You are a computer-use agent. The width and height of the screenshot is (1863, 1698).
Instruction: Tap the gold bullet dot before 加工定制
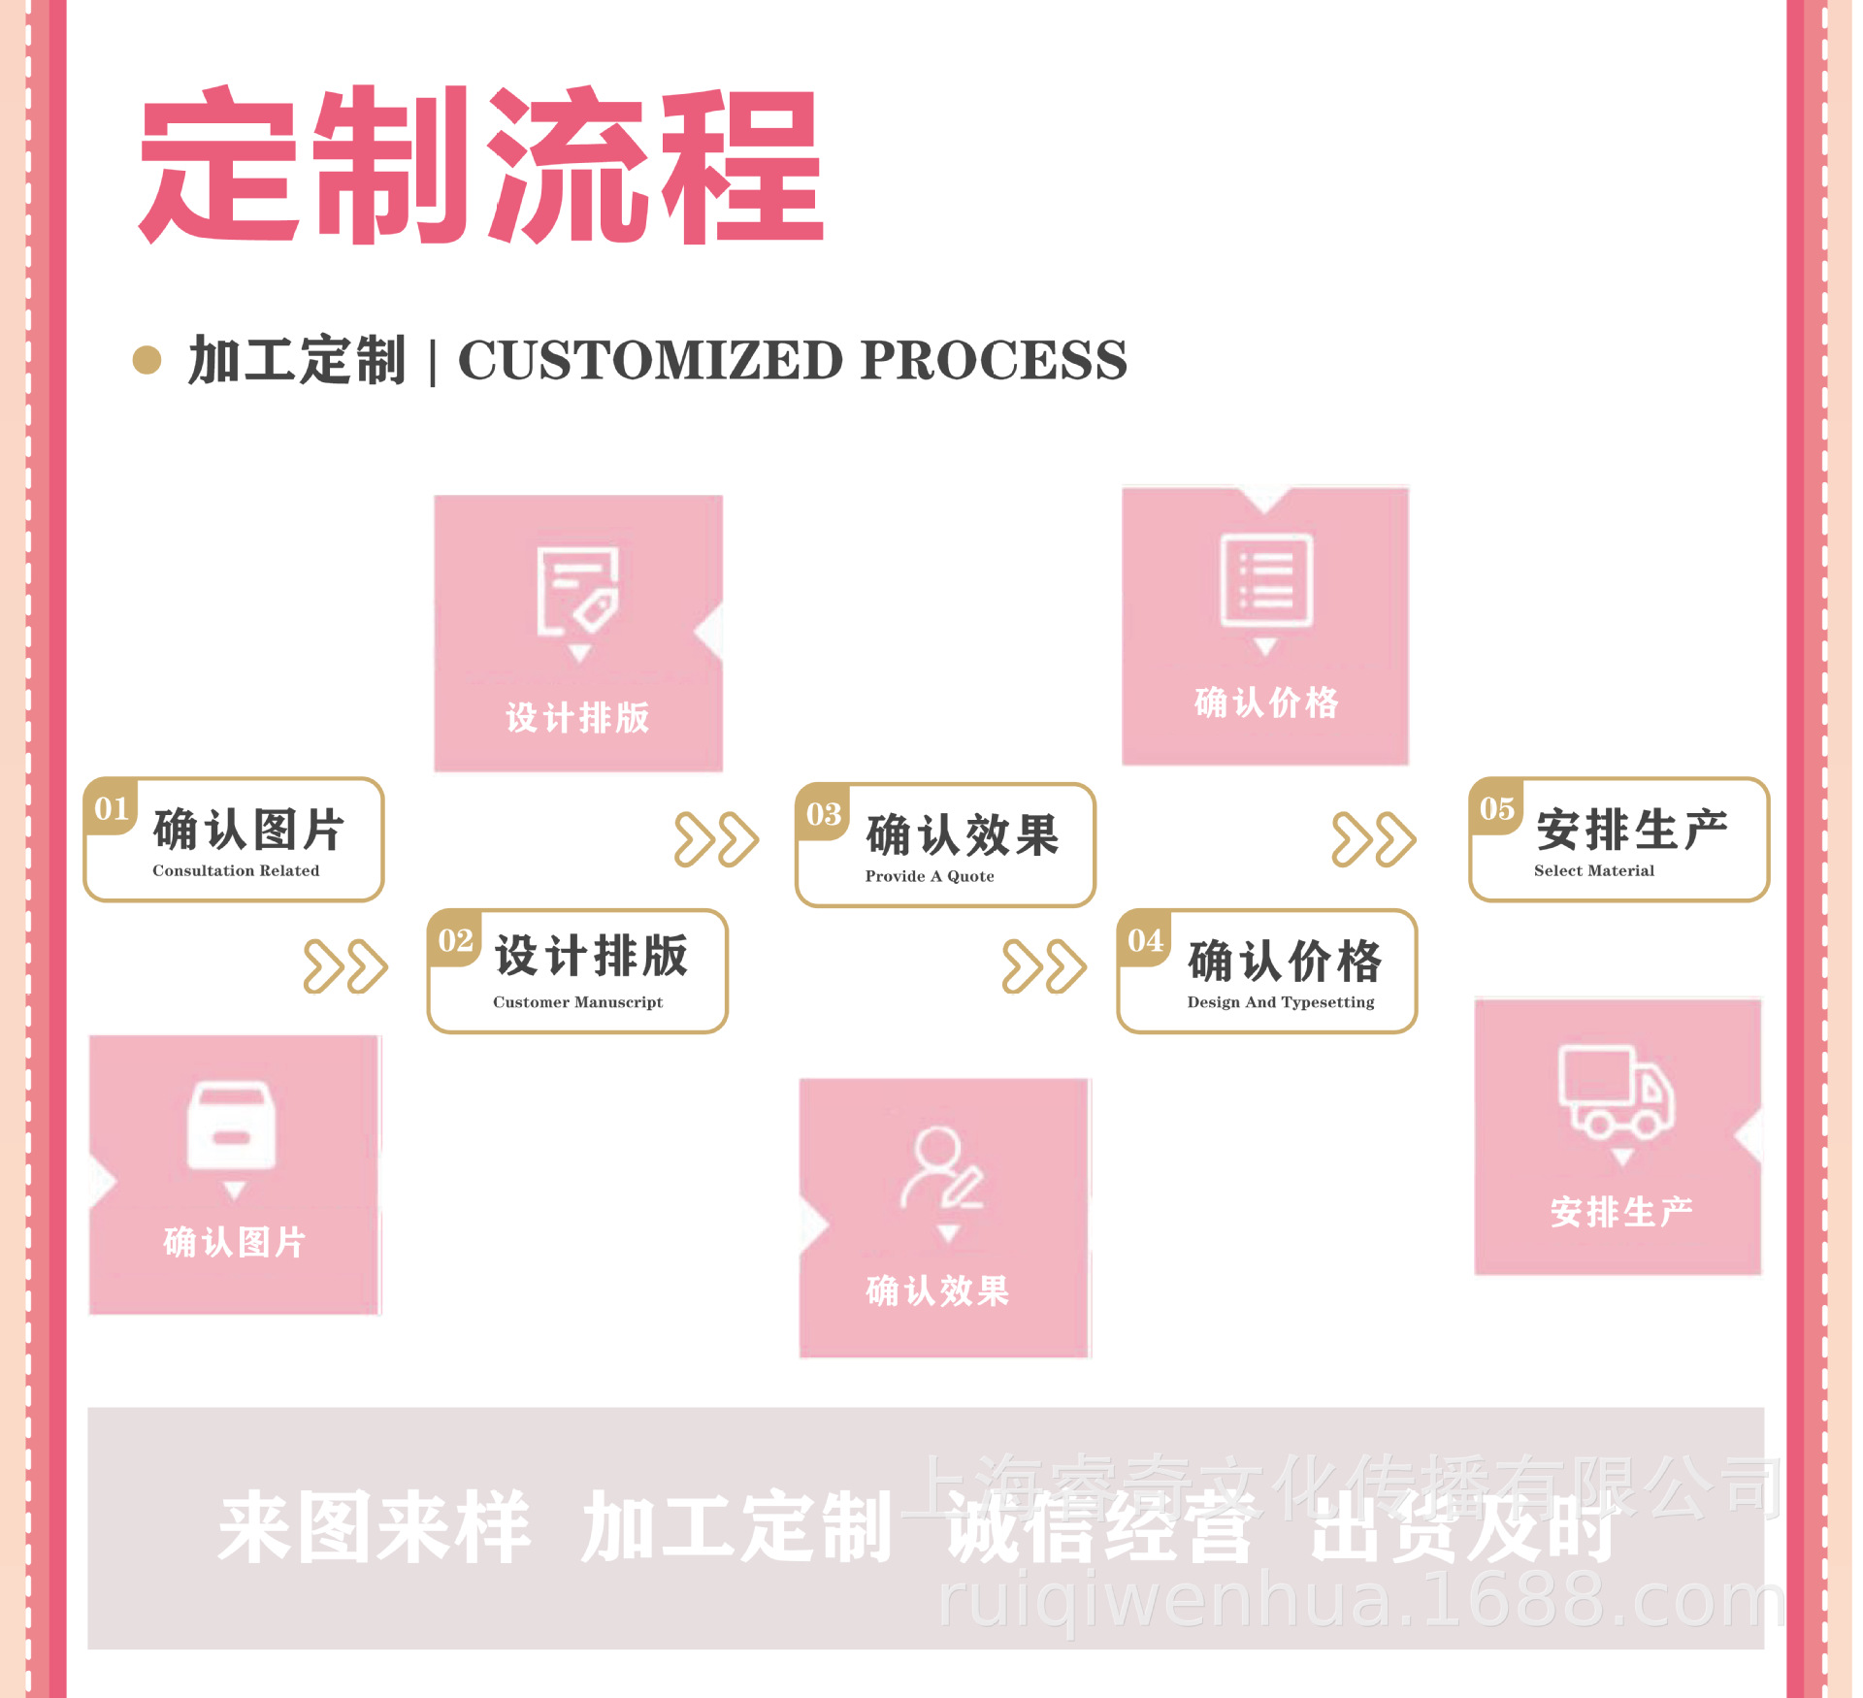[x=147, y=360]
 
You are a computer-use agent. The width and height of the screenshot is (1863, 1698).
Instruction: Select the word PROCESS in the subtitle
[x=994, y=360]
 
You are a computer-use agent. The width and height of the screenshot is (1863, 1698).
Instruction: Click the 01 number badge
[x=112, y=808]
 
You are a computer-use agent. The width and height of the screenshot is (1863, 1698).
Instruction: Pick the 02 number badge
[x=455, y=940]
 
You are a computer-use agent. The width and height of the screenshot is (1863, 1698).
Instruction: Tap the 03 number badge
[x=823, y=814]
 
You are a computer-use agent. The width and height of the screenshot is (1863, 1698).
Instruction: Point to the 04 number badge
[x=1145, y=940]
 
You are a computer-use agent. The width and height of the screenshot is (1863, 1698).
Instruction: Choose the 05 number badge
[x=1497, y=808]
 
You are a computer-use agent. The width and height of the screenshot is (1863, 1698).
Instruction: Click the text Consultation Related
[x=236, y=870]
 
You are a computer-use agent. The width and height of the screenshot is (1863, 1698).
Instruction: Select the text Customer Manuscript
[x=578, y=1002]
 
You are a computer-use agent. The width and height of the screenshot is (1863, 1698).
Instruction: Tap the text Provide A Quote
[x=930, y=876]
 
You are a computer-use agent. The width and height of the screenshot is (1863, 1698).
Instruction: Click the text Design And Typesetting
[x=1281, y=1002]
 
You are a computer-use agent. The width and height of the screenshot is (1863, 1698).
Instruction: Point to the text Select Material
[x=1594, y=870]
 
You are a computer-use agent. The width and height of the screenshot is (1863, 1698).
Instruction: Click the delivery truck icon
[x=1616, y=1092]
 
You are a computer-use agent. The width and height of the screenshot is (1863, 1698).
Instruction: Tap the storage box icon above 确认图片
[x=232, y=1126]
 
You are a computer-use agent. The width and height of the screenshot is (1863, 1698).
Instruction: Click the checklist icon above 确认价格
[x=1265, y=579]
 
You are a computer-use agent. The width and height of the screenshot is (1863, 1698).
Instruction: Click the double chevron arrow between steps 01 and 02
[x=345, y=966]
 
